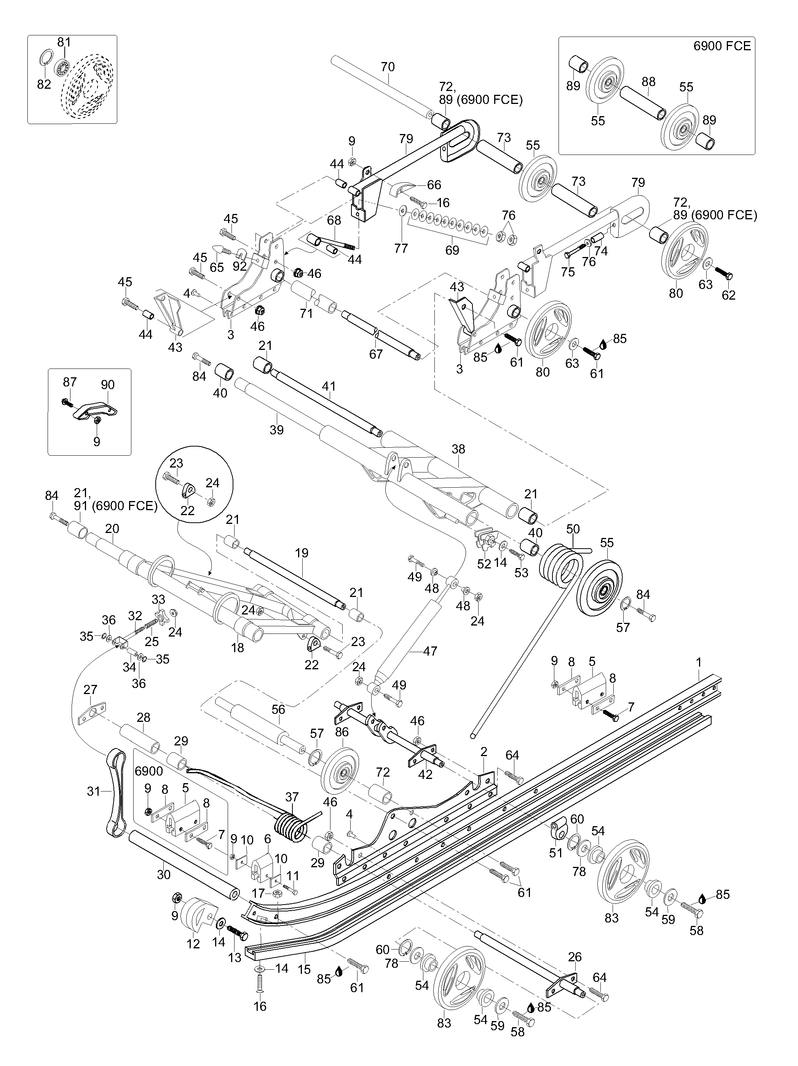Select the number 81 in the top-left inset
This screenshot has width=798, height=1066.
64,42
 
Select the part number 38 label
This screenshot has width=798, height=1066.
458,449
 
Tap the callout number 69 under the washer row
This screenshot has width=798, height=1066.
452,250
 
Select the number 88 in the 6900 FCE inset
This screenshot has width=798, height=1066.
649,81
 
